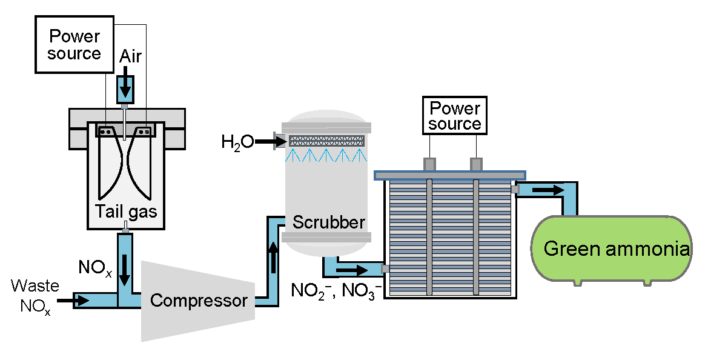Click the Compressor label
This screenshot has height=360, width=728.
[x=199, y=301]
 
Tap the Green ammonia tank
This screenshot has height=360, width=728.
[x=612, y=248]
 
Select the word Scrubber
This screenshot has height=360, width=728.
[x=329, y=222]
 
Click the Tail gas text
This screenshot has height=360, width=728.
[x=126, y=212]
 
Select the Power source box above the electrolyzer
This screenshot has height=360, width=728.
[x=454, y=116]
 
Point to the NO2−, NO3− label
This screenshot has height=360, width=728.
[x=336, y=291]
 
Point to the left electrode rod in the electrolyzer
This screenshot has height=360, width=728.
[x=429, y=236]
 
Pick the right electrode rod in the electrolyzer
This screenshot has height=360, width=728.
[x=477, y=236]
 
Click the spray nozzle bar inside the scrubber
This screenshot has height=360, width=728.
[x=327, y=141]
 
